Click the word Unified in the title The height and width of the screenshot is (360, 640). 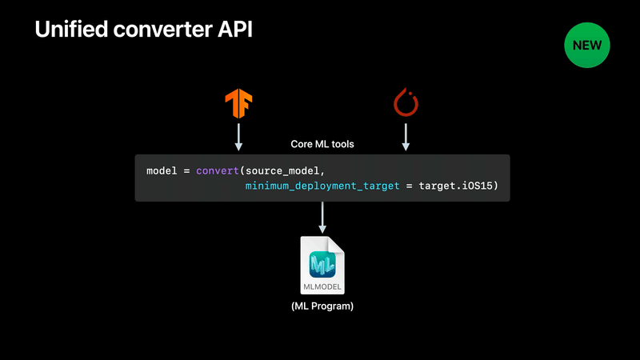tap(71, 30)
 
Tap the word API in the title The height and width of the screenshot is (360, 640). tap(235, 30)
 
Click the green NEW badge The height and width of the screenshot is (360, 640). tap(587, 45)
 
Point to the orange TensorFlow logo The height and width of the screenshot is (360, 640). tap(238, 104)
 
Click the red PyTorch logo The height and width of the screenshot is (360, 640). tap(406, 102)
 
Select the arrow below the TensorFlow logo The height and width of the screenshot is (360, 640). tap(238, 137)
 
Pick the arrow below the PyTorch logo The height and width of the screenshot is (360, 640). tap(406, 137)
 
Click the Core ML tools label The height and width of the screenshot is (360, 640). tap(322, 144)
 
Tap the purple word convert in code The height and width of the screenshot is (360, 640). tap(217, 170)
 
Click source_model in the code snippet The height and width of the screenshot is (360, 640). tap(282, 171)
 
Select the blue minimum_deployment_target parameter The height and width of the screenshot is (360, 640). tap(322, 186)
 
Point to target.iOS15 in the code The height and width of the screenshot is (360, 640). tap(455, 186)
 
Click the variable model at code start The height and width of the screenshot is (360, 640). tap(162, 170)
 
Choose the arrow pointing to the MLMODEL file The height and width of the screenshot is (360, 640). tap(322, 218)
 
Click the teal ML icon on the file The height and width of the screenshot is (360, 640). tap(322, 265)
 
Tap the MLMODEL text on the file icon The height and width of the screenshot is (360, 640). tap(322, 287)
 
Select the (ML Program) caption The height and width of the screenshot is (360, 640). tap(322, 306)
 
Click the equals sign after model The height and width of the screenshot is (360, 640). tap(186, 171)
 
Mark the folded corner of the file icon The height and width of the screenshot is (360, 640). tap(337, 244)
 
